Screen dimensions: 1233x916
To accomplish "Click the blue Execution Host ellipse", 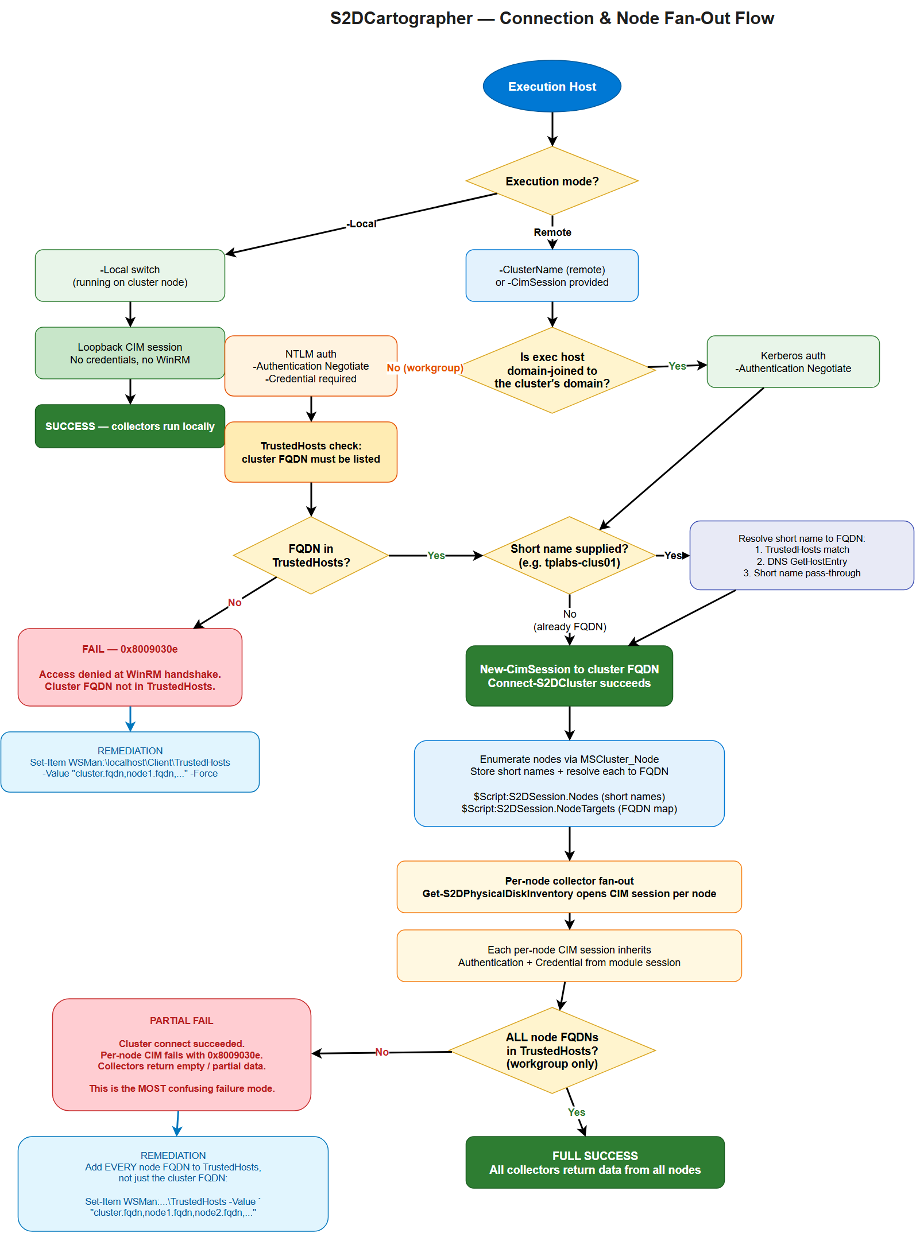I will tap(552, 86).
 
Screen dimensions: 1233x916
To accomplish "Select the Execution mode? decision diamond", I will tap(552, 181).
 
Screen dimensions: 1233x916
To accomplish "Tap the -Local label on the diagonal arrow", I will tap(362, 224).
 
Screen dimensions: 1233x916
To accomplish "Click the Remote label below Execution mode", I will tap(552, 232).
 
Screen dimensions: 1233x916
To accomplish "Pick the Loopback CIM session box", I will tap(130, 353).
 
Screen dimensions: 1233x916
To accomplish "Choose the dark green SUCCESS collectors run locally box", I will tap(130, 426).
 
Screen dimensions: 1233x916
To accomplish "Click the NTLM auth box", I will tap(311, 366).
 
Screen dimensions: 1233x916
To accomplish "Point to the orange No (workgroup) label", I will tap(425, 368).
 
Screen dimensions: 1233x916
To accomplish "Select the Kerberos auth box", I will tap(793, 362).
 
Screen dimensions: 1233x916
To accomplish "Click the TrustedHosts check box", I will tap(311, 452).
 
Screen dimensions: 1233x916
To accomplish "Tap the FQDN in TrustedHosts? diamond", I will tap(311, 555).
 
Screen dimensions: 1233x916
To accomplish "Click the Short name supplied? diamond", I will tap(569, 555).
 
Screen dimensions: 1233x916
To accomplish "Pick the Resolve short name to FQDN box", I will tap(801, 555).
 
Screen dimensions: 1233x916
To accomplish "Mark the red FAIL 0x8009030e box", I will tap(130, 667).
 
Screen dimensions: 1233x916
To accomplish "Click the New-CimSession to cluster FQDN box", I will tap(569, 676).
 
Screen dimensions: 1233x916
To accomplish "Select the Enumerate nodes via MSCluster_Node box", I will tap(569, 784).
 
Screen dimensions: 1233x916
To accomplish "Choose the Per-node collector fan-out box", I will tap(569, 887).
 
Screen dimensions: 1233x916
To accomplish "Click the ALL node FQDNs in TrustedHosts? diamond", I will tap(552, 1050).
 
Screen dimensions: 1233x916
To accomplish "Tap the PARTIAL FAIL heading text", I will tap(181, 1021).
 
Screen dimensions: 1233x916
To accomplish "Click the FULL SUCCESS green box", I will tap(595, 1162).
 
